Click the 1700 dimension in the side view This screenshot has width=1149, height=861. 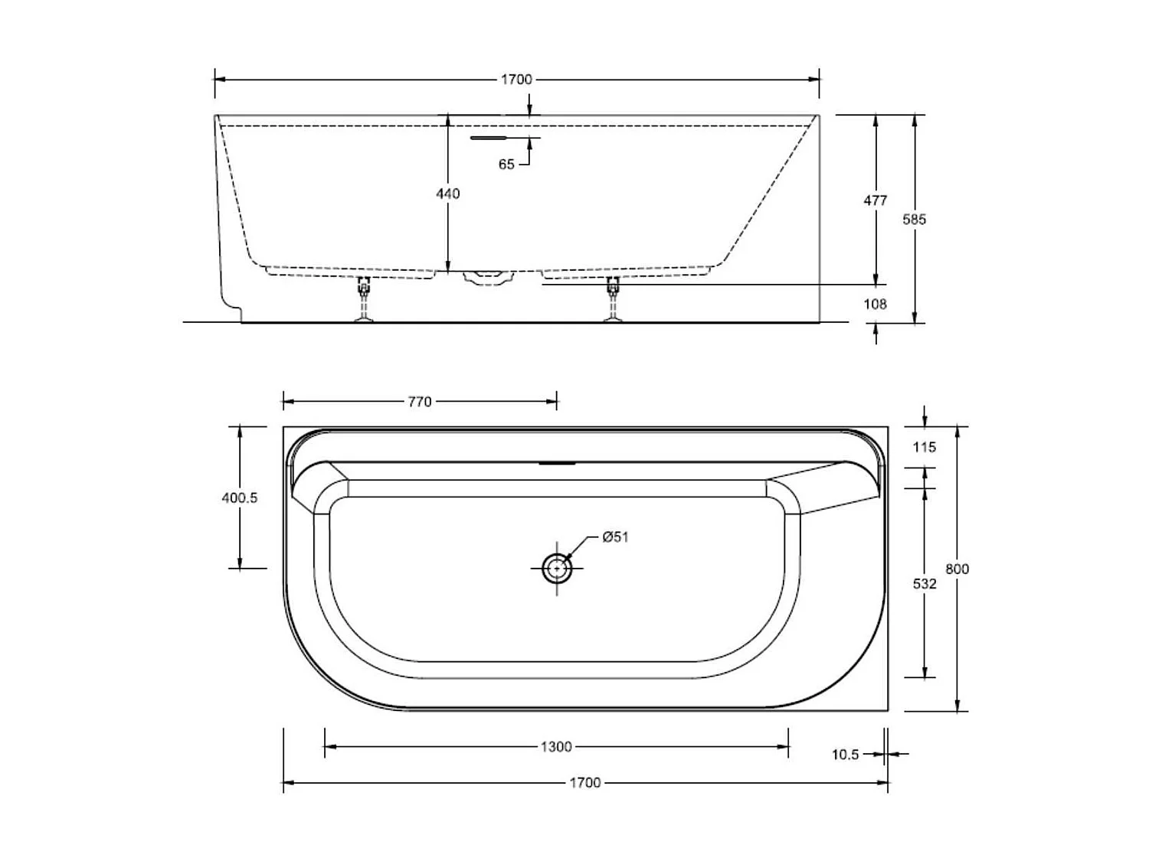point(516,79)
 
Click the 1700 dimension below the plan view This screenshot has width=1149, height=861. point(585,782)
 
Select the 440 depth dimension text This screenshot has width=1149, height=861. point(448,194)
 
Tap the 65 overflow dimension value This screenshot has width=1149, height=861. point(506,165)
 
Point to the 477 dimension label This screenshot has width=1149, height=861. point(875,201)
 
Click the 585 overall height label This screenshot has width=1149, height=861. point(914,220)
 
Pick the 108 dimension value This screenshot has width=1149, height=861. point(875,304)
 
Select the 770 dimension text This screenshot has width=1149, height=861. point(420,401)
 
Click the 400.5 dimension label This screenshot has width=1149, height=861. point(240,497)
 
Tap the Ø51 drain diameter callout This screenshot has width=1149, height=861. point(614,537)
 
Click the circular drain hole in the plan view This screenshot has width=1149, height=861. point(557,569)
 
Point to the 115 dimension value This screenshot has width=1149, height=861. point(925,447)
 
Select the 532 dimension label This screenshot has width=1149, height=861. point(925,584)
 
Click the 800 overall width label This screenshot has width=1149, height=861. point(957,569)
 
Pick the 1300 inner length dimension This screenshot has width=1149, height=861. point(556,746)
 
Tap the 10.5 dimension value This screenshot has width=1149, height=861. point(845,755)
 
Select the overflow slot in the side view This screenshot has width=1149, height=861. point(489,138)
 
